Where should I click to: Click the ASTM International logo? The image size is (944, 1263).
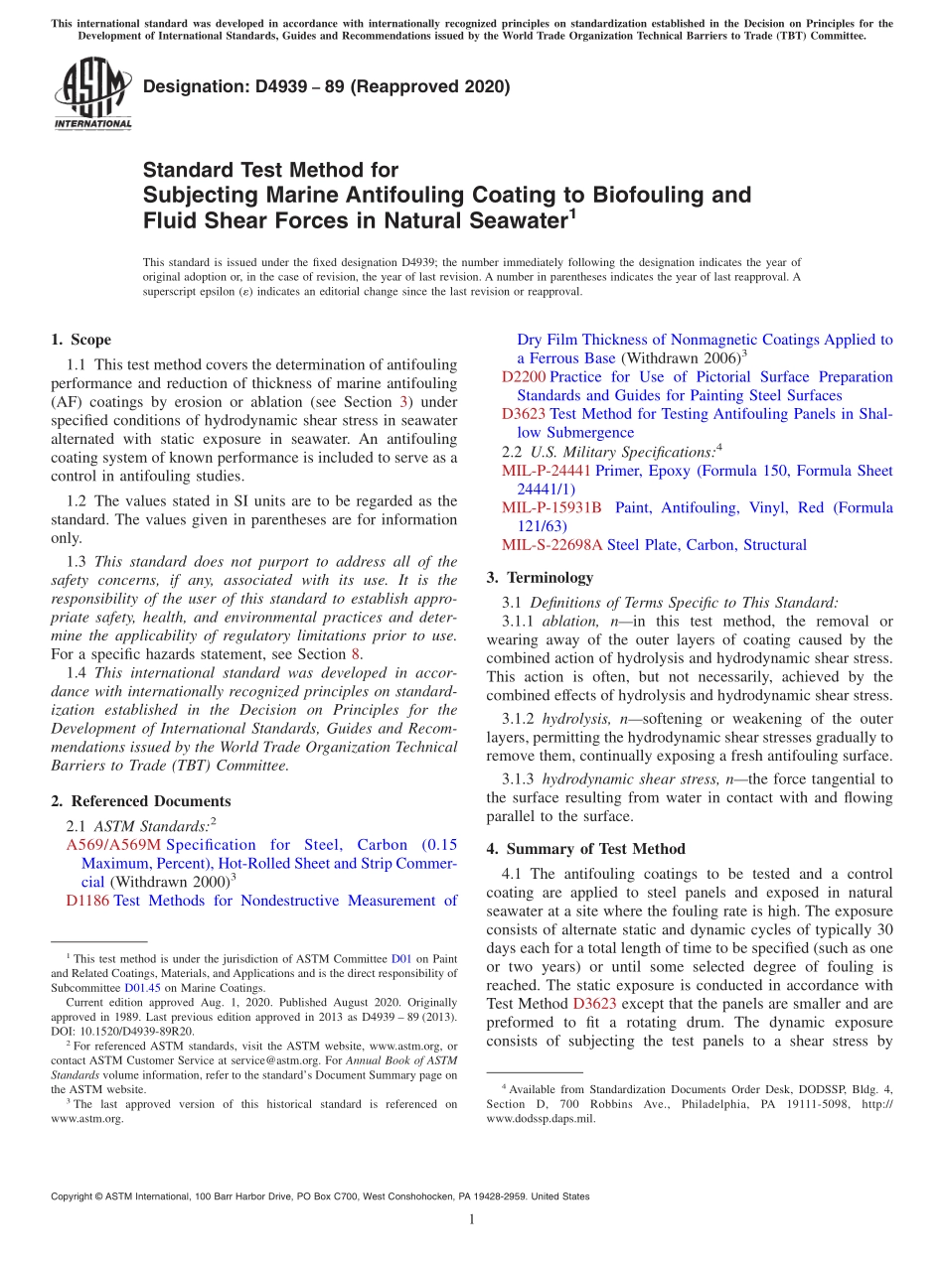pyautogui.click(x=91, y=93)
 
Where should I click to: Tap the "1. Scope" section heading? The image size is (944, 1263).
pyautogui.click(x=81, y=340)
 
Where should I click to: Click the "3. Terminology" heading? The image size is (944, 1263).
pyautogui.click(x=540, y=577)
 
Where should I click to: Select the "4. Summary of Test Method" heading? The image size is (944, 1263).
pyautogui.click(x=586, y=849)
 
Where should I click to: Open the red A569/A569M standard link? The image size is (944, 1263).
pyautogui.click(x=112, y=845)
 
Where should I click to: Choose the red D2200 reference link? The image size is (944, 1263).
pyautogui.click(x=523, y=377)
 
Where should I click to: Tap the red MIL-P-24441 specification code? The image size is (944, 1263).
pyautogui.click(x=546, y=471)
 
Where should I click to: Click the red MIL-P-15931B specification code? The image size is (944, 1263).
pyautogui.click(x=551, y=508)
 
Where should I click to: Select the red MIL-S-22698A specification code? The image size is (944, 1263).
pyautogui.click(x=551, y=545)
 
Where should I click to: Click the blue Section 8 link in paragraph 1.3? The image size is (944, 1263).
pyautogui.click(x=356, y=654)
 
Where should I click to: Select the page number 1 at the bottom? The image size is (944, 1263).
pyautogui.click(x=472, y=1220)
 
